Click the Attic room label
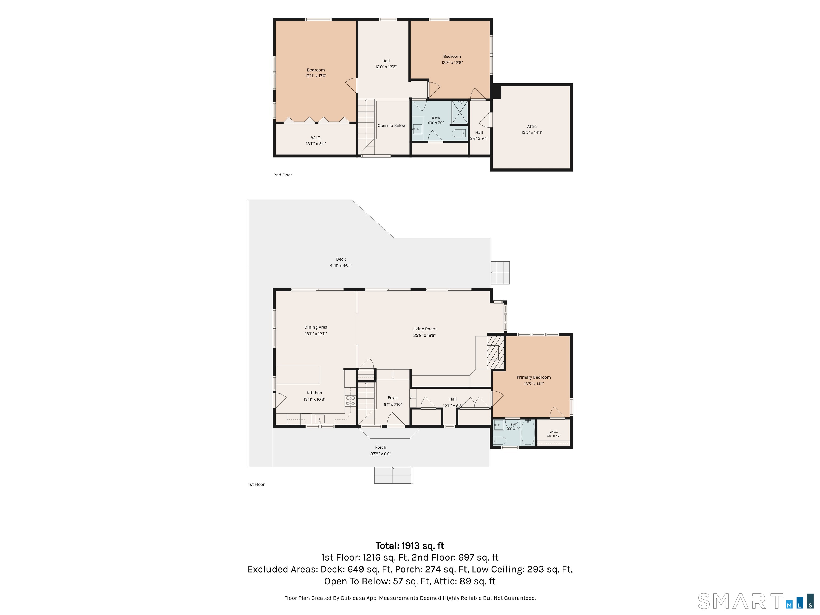coord(532,127)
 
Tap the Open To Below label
coord(392,126)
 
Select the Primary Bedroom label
coord(533,377)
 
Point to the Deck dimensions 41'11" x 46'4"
coord(341,266)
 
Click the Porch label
coord(380,447)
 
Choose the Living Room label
coord(424,329)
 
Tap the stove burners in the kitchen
coord(350,401)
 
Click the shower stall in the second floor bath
coord(460,112)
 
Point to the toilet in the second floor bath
coord(459,133)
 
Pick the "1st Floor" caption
coord(256,484)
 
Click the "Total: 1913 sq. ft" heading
coord(410,546)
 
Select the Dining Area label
coord(316,327)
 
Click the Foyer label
coord(393,398)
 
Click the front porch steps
coord(393,475)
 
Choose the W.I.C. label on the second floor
coord(316,138)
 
